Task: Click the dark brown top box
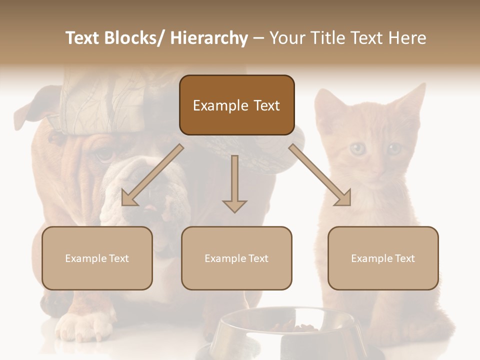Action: coord(236,105)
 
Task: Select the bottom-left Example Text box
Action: coord(97,258)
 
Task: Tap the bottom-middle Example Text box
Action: coord(236,258)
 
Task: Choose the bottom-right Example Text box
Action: coord(383,258)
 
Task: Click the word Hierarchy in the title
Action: coord(209,38)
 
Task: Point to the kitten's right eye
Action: coord(394,148)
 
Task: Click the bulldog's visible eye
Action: coord(104,155)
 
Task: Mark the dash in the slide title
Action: coord(258,39)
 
